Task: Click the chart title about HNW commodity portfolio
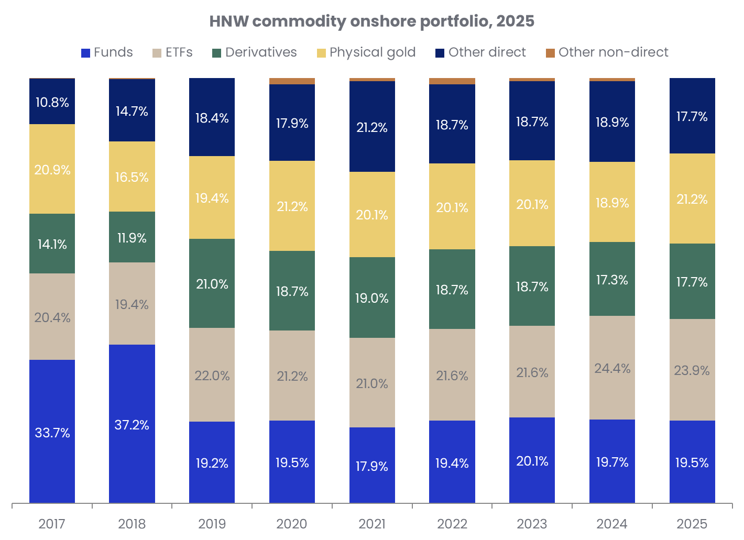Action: tap(371, 21)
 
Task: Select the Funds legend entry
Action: tap(107, 52)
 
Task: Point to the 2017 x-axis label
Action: tap(52, 523)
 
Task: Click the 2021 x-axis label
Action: tap(372, 523)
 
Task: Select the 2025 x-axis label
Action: tap(692, 523)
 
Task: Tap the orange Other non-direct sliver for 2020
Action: tap(292, 81)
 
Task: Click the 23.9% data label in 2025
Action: tap(692, 371)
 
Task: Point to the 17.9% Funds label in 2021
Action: tap(372, 466)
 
